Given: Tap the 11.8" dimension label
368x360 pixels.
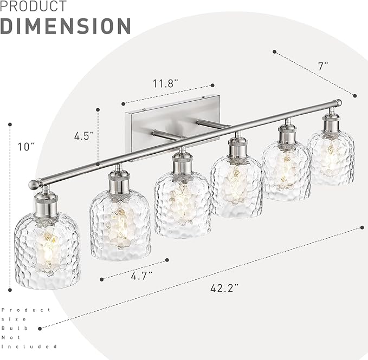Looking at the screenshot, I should pos(166,83).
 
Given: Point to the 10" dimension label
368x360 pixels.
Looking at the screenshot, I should pos(25,147).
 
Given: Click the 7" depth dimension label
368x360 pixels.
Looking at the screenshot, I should pos(324,67).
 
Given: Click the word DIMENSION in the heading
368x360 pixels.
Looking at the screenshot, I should pos(66,26).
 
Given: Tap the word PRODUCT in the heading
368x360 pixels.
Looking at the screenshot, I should pos(34,6).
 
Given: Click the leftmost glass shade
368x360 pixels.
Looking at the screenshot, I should pos(47,250).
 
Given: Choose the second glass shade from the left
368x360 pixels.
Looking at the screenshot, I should pos(120,224).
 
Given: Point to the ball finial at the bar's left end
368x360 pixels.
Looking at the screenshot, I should pos(35,185).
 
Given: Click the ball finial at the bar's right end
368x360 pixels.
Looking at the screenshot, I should pos(338,102).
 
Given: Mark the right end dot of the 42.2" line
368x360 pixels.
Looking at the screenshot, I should pos(361,228).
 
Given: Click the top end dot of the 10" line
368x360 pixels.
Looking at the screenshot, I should pos(10,125).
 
